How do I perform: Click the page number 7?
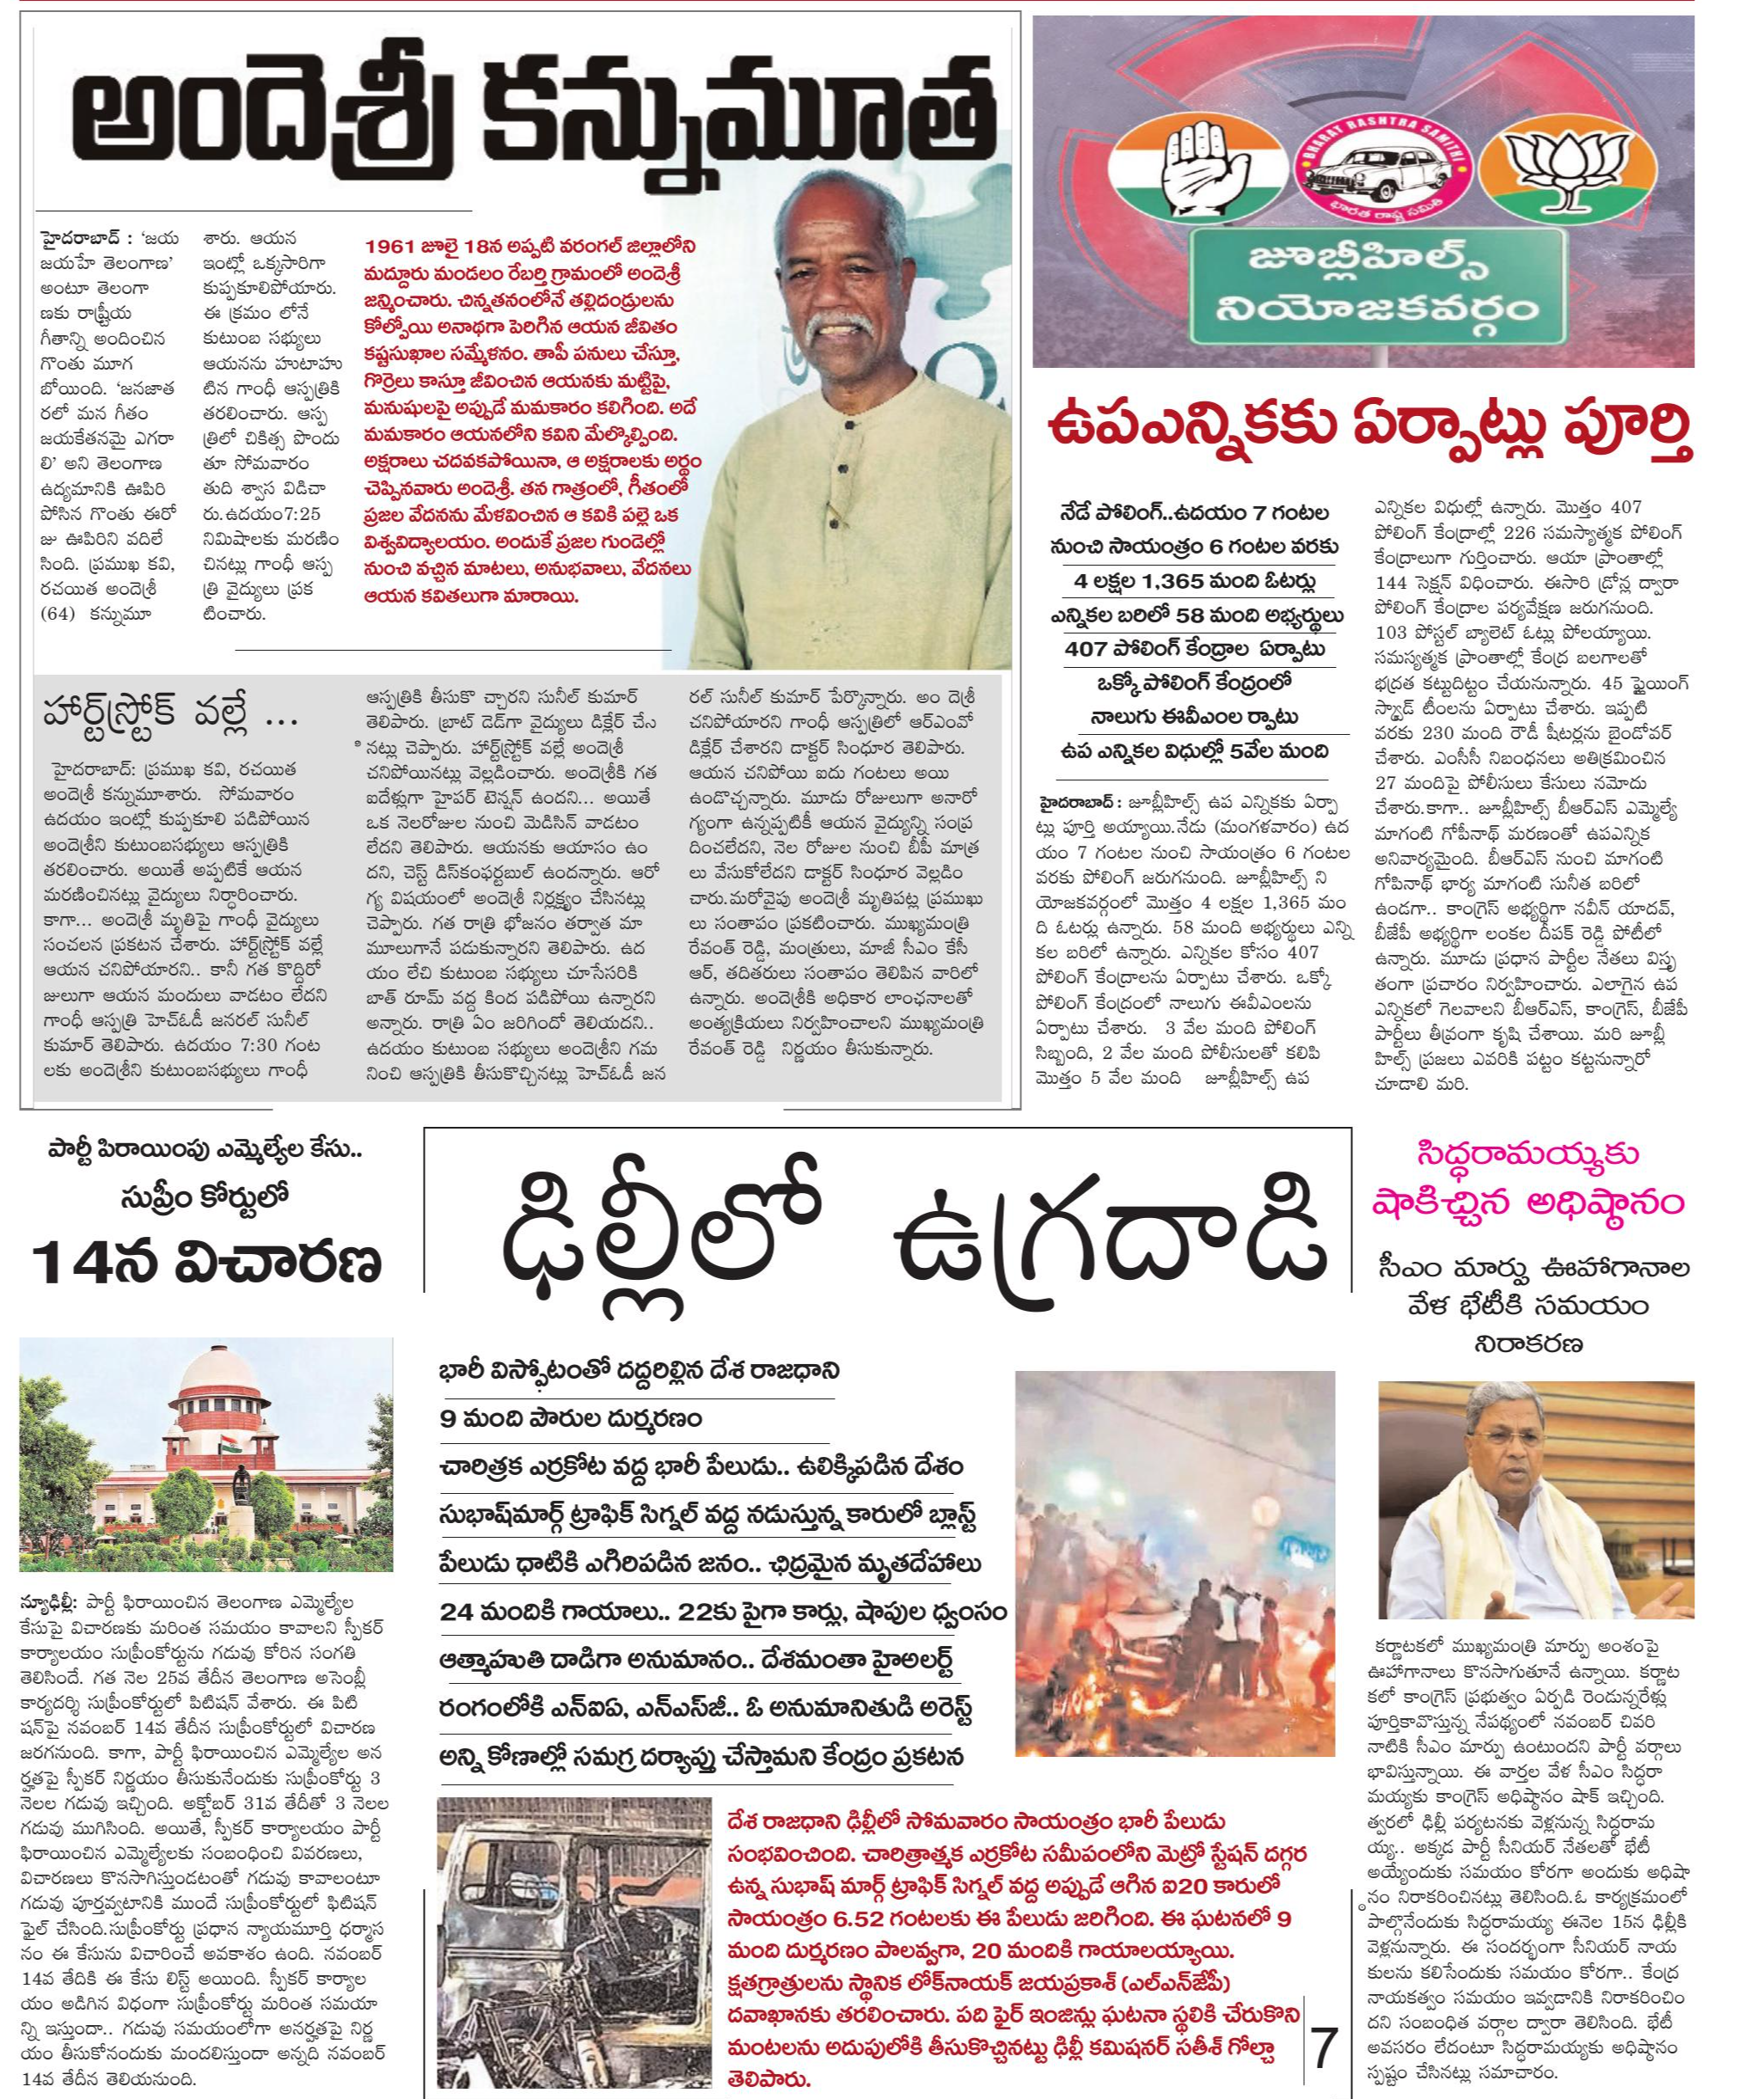pyautogui.click(x=1325, y=2046)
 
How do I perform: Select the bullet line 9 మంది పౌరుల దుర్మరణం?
pyautogui.click(x=572, y=1417)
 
